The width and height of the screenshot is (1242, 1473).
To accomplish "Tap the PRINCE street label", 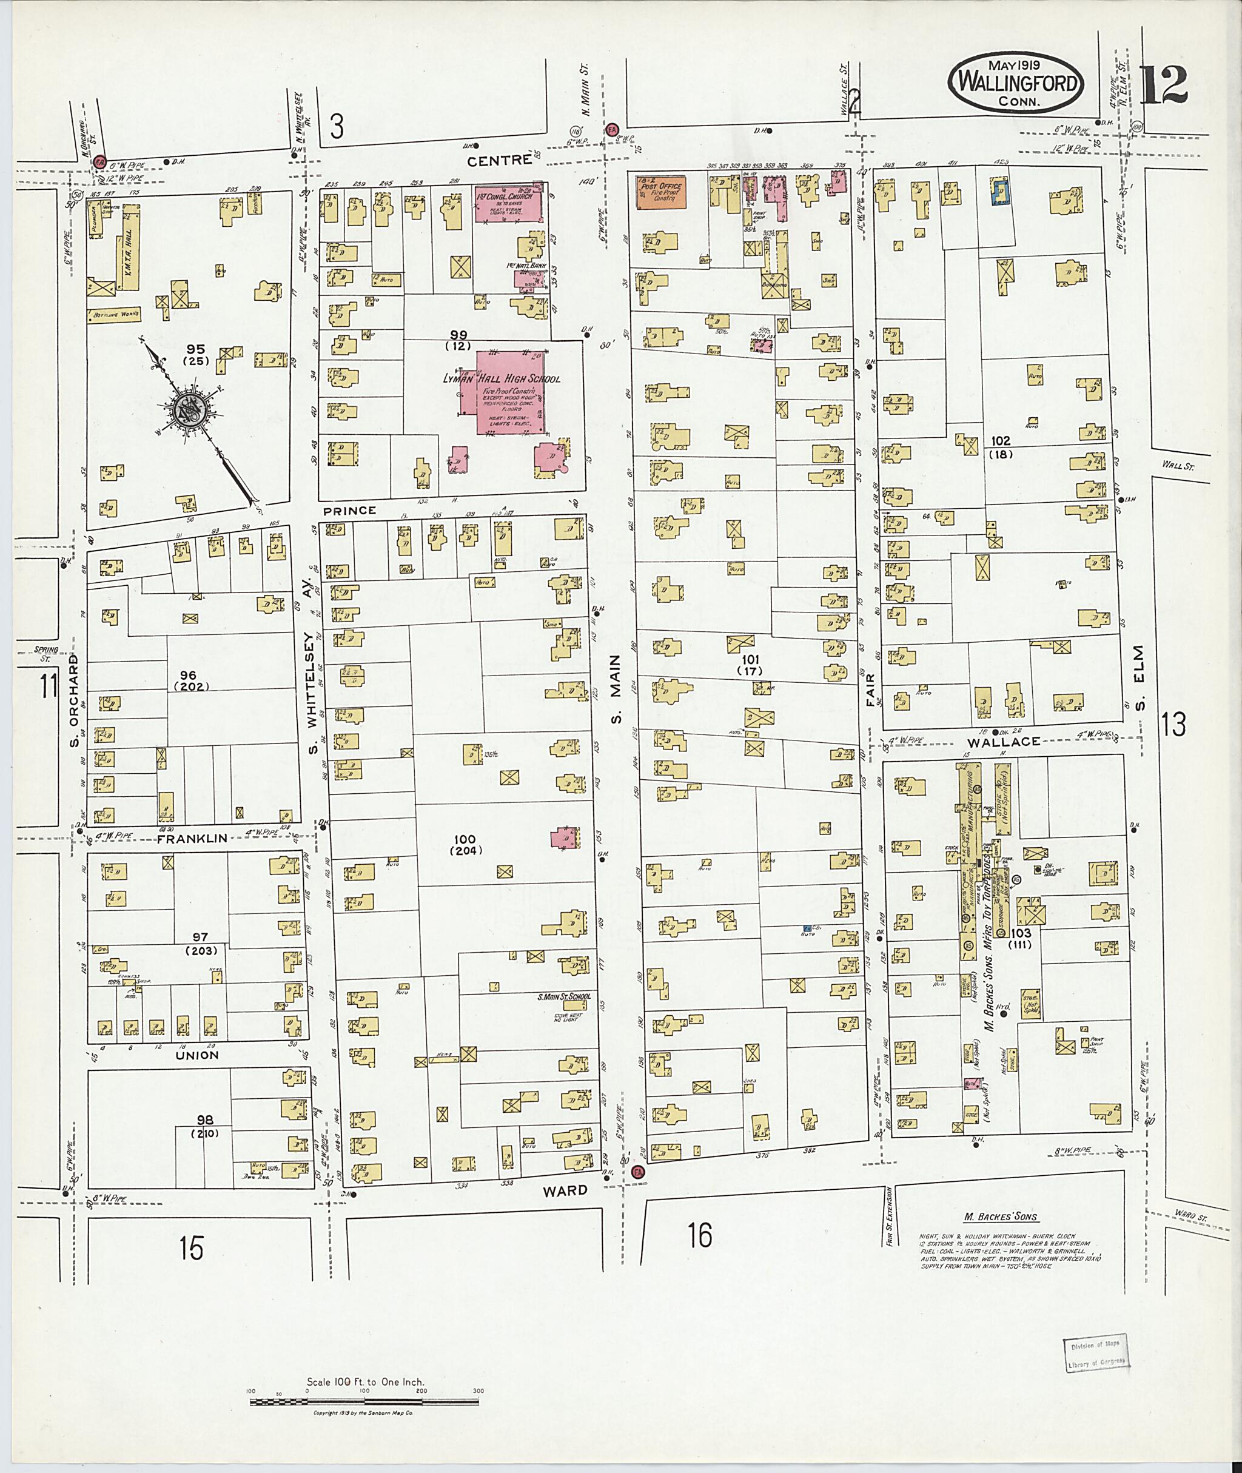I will [x=350, y=510].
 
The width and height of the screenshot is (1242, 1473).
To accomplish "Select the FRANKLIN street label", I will [x=192, y=839].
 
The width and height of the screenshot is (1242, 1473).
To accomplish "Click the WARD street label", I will [x=566, y=1190].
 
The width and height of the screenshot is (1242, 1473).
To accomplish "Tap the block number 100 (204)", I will [x=465, y=844].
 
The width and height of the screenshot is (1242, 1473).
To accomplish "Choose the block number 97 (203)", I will [x=201, y=943].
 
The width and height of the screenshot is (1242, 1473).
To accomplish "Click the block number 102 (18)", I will [x=1001, y=447].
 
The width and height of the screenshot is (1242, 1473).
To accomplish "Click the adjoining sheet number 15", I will [x=191, y=1249].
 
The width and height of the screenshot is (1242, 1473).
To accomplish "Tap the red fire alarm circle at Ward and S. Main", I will [x=638, y=1173].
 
